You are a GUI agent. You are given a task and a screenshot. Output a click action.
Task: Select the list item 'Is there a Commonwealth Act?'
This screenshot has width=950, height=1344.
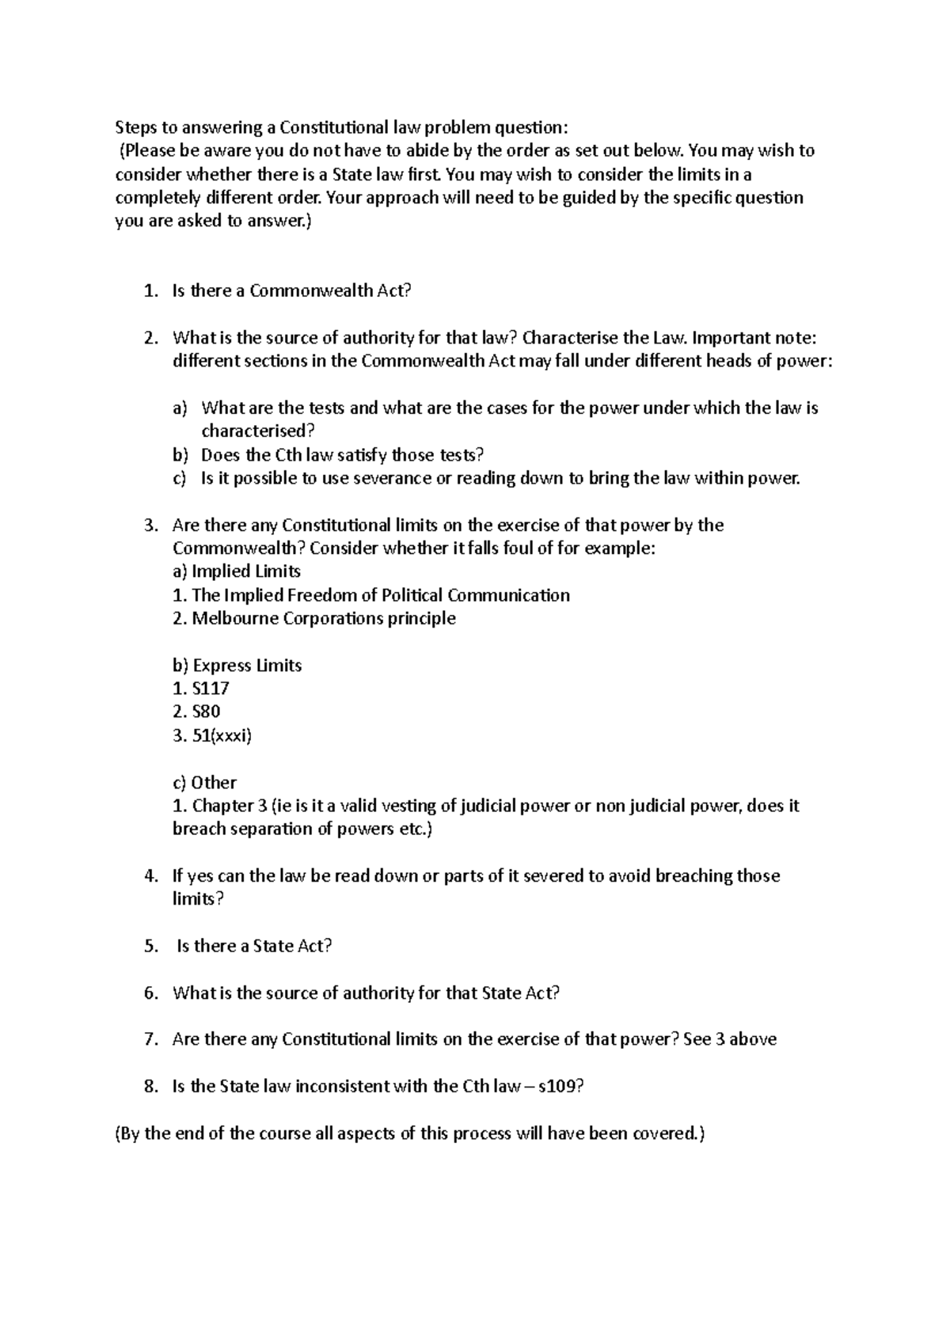coord(291,291)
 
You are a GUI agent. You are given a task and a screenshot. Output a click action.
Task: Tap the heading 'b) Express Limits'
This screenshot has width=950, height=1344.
coord(237,665)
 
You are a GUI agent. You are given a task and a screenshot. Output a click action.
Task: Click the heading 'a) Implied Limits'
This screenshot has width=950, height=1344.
coord(236,571)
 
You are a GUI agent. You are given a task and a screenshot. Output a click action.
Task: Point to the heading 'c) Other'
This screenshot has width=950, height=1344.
coord(204,782)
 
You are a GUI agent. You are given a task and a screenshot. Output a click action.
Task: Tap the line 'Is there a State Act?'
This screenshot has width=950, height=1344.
coord(254,946)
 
